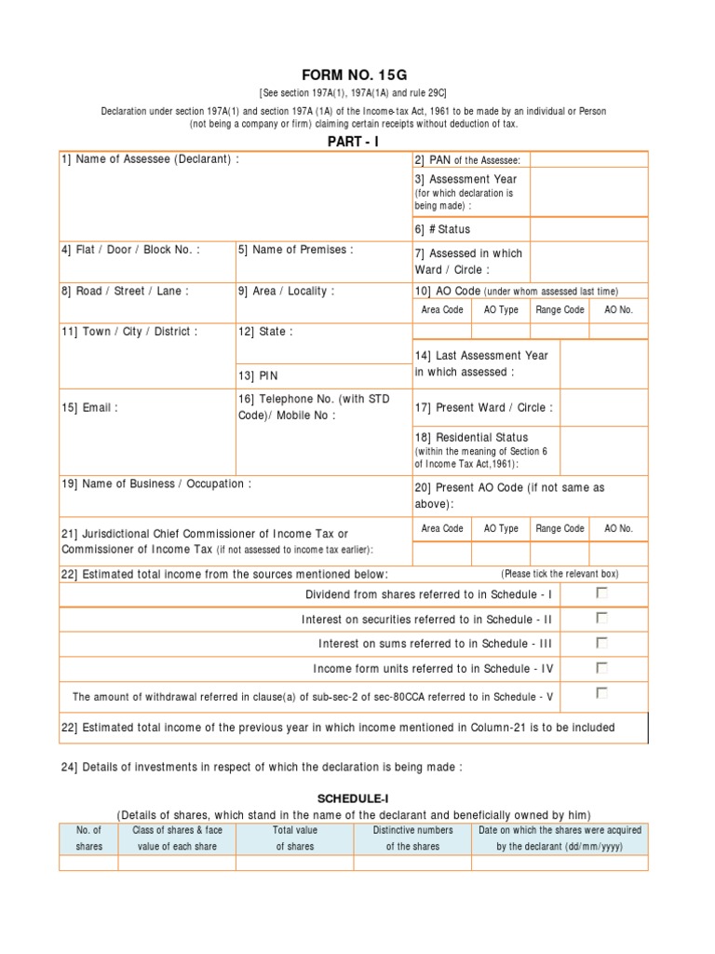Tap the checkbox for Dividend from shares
(x=602, y=593)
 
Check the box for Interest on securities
(x=602, y=618)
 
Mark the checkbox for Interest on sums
(x=602, y=642)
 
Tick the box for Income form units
(x=602, y=667)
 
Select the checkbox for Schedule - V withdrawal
(x=602, y=692)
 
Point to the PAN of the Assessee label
(x=467, y=161)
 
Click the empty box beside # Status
(x=588, y=229)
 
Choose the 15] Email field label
(x=90, y=407)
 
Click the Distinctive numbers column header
(x=412, y=838)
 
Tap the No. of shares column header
(x=88, y=838)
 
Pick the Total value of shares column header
(x=294, y=838)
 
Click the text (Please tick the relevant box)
(x=560, y=573)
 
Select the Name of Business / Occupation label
(x=156, y=484)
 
